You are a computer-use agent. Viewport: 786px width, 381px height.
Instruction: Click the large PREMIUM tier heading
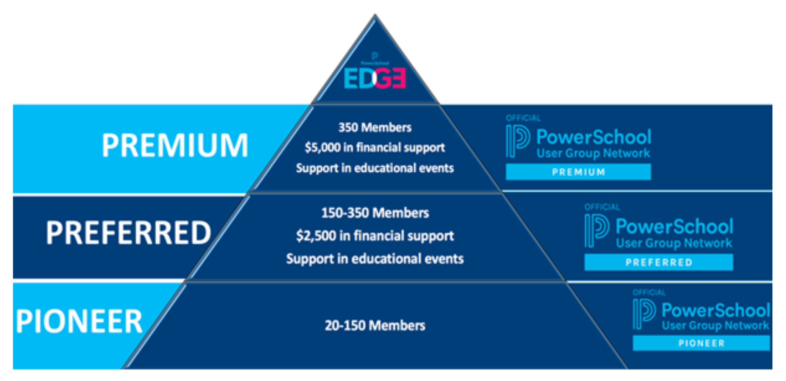click(x=175, y=145)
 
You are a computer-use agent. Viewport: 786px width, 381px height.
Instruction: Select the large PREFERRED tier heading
click(x=128, y=233)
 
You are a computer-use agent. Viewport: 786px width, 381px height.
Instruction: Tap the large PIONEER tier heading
click(x=79, y=322)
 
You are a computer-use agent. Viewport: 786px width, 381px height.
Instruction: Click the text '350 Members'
click(x=375, y=128)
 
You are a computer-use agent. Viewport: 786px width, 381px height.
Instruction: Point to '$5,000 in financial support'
click(x=375, y=147)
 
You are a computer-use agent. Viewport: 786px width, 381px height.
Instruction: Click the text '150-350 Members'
click(x=375, y=213)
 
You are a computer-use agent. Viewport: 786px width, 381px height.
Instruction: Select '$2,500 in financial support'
click(x=375, y=236)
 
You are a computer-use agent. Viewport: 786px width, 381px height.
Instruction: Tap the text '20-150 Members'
click(x=375, y=325)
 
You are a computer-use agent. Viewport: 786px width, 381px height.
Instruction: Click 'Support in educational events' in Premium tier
click(x=375, y=168)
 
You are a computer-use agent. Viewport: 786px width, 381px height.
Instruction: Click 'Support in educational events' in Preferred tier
click(x=375, y=259)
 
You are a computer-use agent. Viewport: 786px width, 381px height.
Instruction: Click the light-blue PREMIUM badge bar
click(x=578, y=172)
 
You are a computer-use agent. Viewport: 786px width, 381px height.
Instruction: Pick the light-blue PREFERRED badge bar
click(x=658, y=262)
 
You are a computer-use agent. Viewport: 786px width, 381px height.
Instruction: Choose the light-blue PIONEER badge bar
click(x=701, y=343)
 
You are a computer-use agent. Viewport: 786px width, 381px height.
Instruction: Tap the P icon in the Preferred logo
click(x=596, y=230)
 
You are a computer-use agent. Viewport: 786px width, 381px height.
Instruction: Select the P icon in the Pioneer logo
click(x=644, y=314)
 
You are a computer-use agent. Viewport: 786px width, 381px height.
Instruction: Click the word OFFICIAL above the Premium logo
click(x=523, y=118)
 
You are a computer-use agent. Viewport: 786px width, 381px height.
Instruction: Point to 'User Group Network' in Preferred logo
click(x=674, y=243)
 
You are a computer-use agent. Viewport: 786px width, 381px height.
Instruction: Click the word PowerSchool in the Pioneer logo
click(x=716, y=310)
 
